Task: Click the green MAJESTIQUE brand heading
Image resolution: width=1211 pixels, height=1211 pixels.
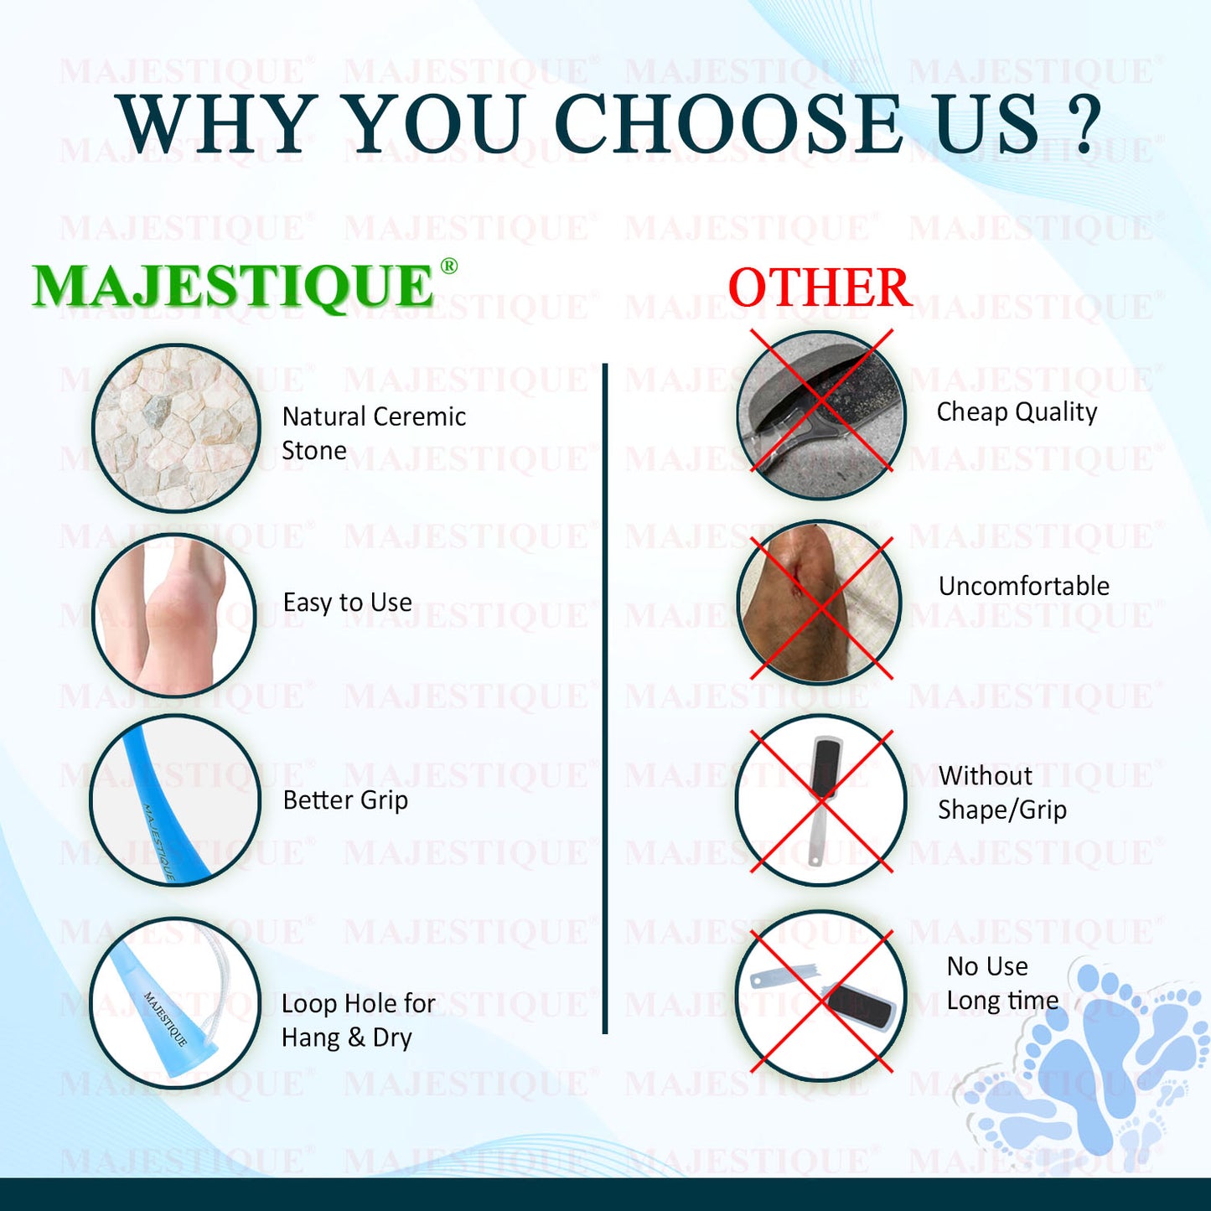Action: click(232, 286)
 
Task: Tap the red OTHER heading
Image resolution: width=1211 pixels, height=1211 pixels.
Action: click(820, 287)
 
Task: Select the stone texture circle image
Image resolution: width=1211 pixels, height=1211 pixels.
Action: click(177, 428)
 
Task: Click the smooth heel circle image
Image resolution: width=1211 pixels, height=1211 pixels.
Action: click(175, 614)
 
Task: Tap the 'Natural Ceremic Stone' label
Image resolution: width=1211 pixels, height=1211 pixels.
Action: click(374, 433)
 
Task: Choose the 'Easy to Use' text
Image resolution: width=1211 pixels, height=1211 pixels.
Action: click(348, 602)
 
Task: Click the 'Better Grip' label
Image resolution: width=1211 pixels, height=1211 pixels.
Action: click(345, 800)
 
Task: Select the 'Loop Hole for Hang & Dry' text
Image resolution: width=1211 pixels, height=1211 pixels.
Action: click(358, 1021)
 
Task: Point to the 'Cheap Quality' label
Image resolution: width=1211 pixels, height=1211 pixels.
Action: click(1017, 412)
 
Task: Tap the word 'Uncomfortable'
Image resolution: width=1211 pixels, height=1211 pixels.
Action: click(1024, 586)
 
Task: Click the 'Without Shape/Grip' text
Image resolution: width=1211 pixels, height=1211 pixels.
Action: click(1002, 793)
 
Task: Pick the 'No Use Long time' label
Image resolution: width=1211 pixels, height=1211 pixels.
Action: click(1002, 983)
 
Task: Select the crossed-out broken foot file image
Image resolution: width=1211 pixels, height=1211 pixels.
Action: click(820, 996)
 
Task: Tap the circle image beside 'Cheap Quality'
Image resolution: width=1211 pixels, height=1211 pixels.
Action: click(820, 415)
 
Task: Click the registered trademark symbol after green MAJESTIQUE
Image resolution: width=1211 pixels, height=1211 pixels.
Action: click(448, 266)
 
